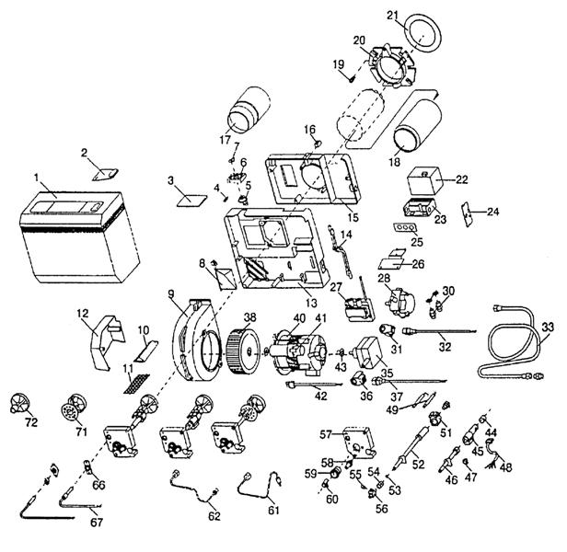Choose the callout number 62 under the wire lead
pyautogui.click(x=214, y=515)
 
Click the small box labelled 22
pyautogui.click(x=425, y=178)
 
